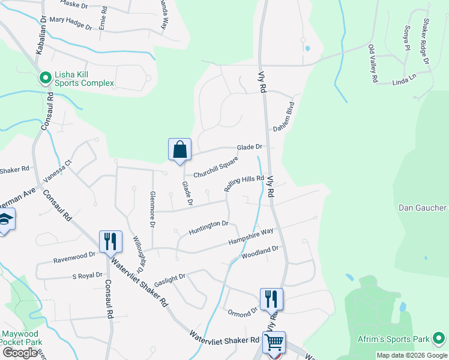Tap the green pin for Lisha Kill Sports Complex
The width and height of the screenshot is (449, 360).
pos(45,77)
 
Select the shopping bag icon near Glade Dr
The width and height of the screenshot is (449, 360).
pos(180,150)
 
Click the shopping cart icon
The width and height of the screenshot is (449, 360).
pos(274,343)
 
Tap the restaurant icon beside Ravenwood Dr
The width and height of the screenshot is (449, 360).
pos(110,242)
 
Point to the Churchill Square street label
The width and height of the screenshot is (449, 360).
pos(215,167)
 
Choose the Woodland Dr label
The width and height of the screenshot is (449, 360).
pos(260,252)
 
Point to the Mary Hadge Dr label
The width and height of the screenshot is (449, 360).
pos(70,24)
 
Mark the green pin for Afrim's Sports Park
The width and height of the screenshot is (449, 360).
pos(439,339)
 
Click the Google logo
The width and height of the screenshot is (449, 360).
pos(20,353)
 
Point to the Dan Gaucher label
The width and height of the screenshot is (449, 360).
pos(423,208)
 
